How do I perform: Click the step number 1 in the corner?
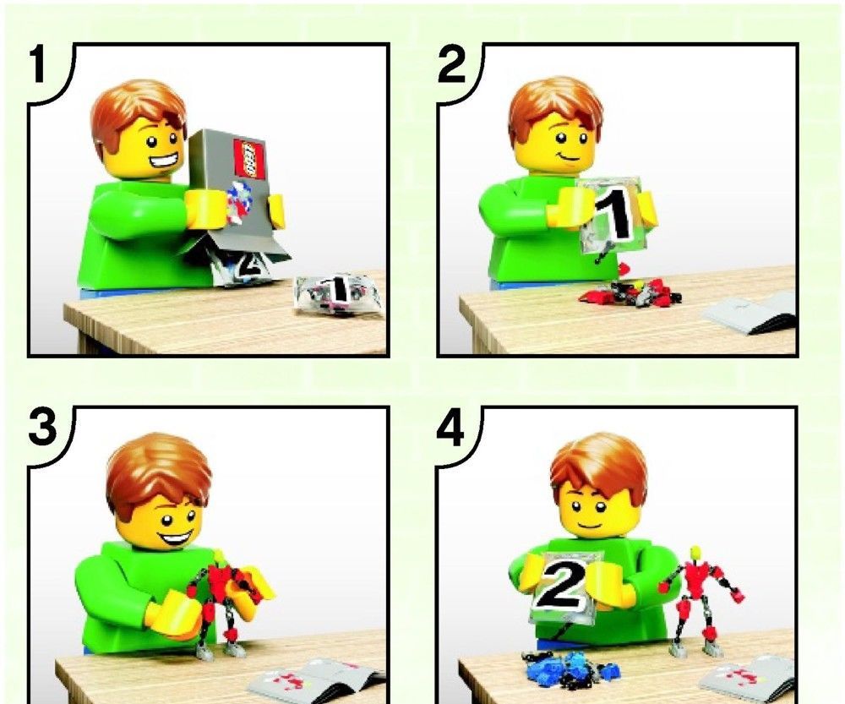point(38,65)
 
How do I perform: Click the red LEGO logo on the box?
point(249,158)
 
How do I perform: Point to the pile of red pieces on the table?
point(630,293)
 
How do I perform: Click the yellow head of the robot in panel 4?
point(695,553)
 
